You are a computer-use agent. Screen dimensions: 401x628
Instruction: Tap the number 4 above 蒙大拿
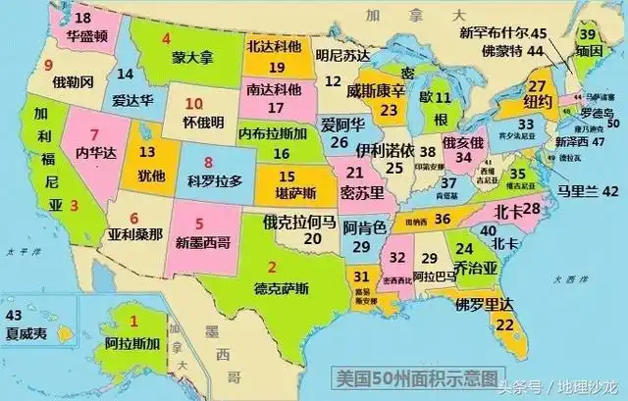(x=166, y=39)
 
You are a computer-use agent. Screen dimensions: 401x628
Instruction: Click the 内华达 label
(x=95, y=152)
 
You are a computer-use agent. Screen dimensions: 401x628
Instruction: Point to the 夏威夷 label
(x=26, y=333)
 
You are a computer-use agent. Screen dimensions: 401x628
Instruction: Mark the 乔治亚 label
(x=474, y=264)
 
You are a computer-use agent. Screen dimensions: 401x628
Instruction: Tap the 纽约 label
(x=538, y=102)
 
